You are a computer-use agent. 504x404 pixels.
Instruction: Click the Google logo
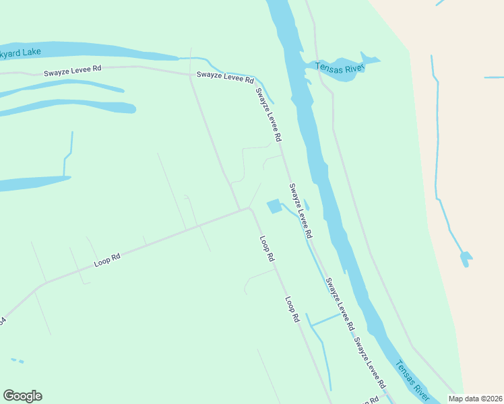click(22, 396)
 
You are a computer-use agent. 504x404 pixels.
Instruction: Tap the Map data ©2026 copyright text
click(476, 399)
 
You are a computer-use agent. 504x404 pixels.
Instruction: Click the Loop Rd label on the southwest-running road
click(107, 259)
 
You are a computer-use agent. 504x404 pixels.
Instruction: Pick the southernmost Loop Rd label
click(291, 309)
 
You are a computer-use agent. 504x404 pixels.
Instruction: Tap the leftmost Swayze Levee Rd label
click(73, 70)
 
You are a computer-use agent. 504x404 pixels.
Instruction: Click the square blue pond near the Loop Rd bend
click(274, 206)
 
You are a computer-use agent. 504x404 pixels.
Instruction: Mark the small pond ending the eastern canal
click(466, 257)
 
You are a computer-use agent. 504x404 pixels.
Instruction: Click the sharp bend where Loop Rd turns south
click(250, 209)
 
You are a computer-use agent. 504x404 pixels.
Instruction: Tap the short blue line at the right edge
click(494, 78)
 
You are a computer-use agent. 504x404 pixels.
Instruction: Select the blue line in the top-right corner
click(440, 3)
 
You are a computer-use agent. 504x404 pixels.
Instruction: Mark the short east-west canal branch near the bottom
click(326, 319)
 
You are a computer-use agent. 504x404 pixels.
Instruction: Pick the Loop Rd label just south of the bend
click(267, 248)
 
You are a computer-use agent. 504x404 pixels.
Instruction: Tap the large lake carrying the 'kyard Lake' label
click(88, 50)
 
